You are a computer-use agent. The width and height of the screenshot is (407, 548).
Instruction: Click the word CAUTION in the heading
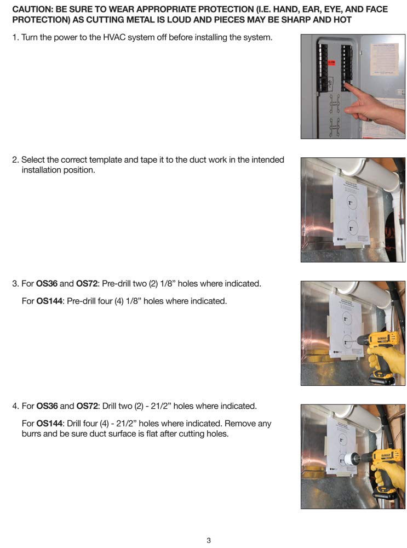32,10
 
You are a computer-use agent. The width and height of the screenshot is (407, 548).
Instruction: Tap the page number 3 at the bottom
209,540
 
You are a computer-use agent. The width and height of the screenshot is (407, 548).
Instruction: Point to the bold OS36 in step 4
47,406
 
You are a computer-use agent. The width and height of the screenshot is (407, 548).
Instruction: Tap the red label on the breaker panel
331,64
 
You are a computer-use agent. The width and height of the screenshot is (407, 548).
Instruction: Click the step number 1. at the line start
15,38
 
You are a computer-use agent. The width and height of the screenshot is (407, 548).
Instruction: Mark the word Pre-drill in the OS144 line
83,301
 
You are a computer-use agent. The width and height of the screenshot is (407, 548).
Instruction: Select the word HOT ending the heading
342,20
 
